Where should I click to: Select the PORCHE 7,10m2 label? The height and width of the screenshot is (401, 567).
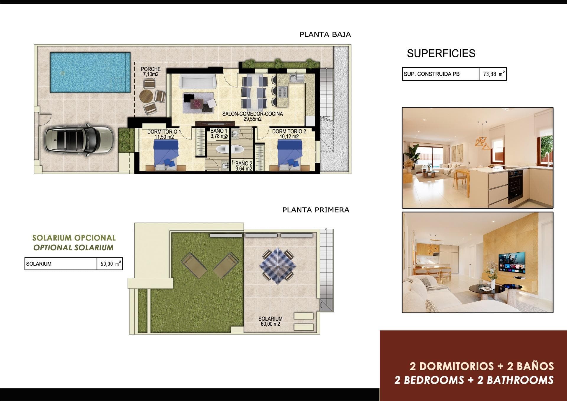point(151,72)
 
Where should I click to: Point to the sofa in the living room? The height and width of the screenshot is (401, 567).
point(198,81)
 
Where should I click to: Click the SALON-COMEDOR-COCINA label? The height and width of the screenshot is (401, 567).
point(252,116)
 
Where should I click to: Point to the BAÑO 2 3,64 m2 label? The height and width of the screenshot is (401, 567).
point(244,166)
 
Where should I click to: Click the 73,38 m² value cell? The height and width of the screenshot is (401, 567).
point(493,74)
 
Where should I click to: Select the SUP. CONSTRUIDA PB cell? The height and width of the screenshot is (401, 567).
point(440,74)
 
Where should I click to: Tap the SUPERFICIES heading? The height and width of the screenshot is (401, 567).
point(441,53)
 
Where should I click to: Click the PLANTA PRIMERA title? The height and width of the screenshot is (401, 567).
point(316,210)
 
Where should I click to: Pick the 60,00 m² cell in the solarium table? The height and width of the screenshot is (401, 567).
point(110,264)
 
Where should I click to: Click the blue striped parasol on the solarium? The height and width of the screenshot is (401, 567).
point(278,266)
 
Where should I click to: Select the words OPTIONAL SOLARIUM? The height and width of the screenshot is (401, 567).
point(73,248)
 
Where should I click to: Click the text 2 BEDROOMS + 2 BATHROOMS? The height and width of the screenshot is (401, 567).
point(474,380)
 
